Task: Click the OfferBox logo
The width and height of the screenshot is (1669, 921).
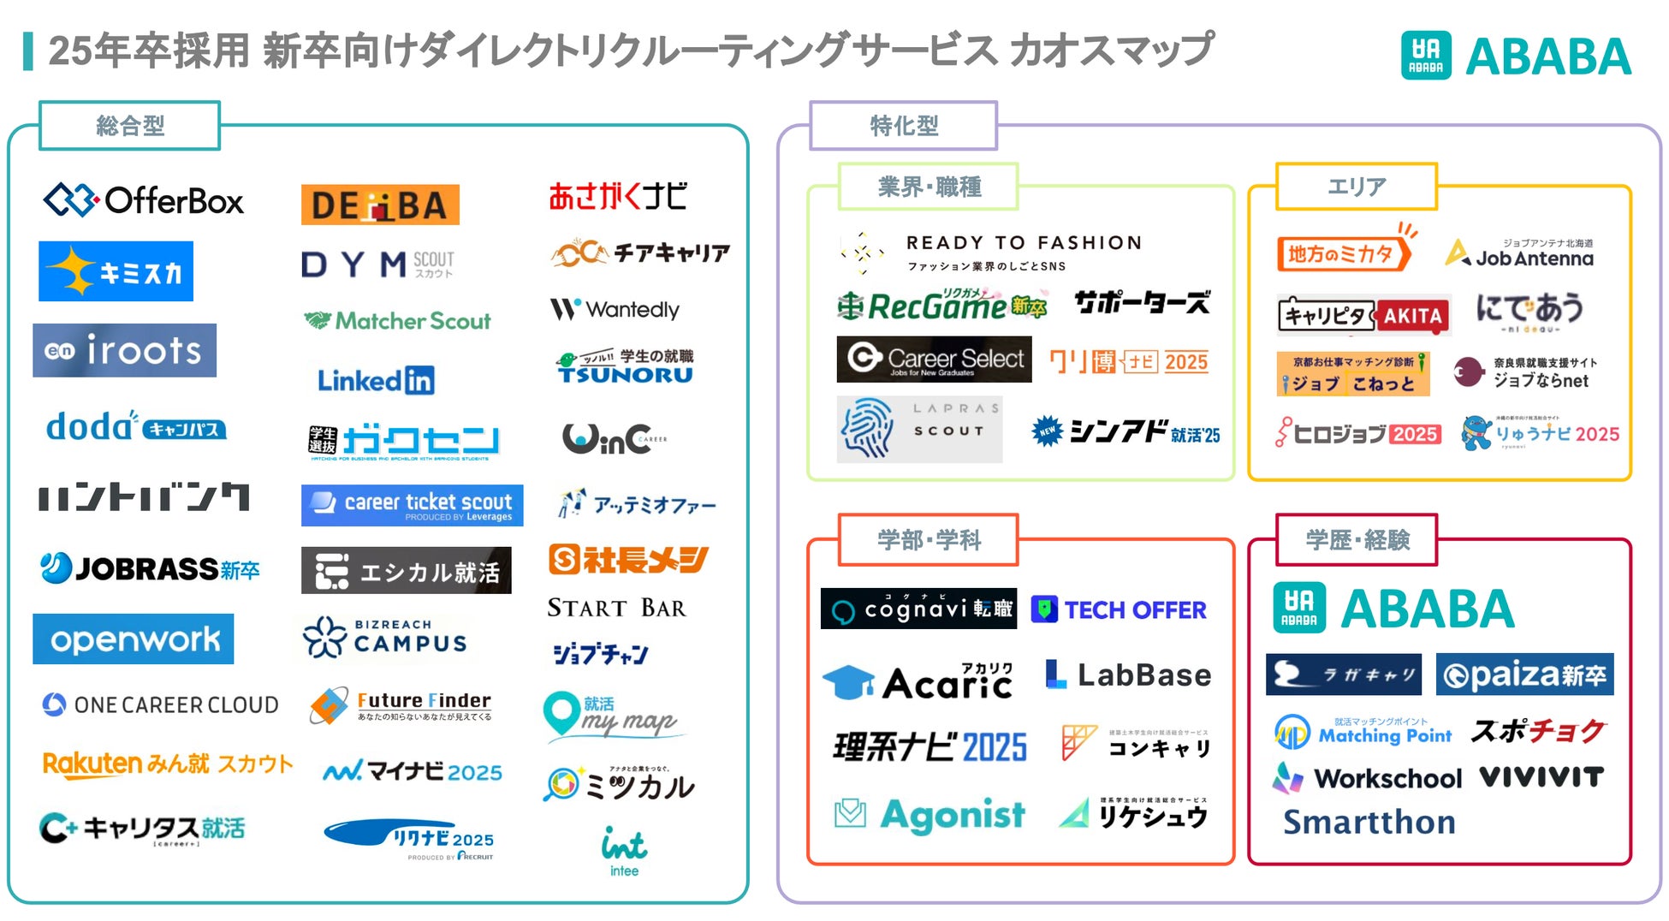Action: click(144, 201)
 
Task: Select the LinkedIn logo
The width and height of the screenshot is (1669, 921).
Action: click(376, 380)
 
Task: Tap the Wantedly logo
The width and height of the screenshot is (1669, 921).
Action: click(615, 309)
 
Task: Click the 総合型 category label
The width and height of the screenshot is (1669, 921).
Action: click(130, 126)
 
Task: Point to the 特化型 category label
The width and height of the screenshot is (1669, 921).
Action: click(903, 126)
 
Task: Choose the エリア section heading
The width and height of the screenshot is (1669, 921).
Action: click(1356, 186)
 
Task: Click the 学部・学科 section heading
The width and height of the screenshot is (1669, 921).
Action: click(929, 540)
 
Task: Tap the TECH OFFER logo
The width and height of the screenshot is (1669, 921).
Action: click(1120, 609)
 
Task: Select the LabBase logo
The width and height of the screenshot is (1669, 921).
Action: click(1128, 675)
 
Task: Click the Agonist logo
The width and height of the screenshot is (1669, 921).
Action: click(930, 814)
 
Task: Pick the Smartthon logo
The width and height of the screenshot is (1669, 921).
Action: click(1369, 823)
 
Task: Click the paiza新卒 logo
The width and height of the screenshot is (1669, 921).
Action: click(1524, 674)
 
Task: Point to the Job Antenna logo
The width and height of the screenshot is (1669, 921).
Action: click(1519, 254)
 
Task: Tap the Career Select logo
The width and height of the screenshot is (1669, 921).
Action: click(934, 359)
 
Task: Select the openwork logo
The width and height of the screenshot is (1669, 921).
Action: click(134, 639)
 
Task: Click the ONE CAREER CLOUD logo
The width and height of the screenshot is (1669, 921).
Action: click(161, 704)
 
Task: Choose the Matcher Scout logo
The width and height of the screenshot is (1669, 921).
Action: click(397, 321)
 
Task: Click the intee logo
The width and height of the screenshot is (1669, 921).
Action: click(624, 851)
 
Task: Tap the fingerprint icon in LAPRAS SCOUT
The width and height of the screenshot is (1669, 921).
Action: click(868, 429)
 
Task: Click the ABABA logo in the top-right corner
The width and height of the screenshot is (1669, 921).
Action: click(1516, 56)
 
